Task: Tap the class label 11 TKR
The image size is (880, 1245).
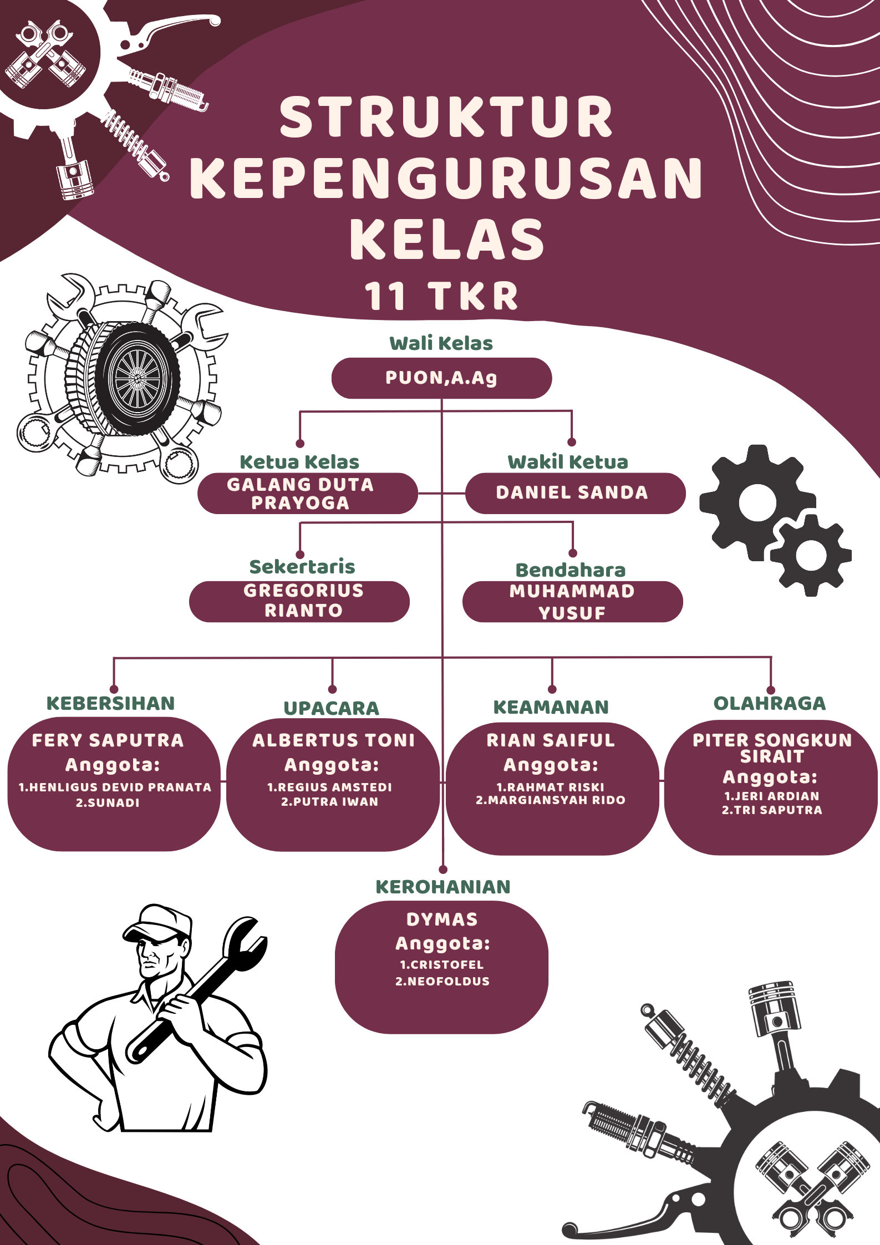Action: coord(441,296)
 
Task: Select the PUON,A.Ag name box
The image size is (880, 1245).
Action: coord(441,378)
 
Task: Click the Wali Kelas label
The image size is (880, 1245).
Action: coord(441,343)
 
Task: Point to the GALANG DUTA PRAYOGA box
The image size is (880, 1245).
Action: coord(308,493)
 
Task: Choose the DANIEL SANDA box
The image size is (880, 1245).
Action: coord(575,493)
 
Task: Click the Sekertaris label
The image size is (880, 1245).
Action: coord(302,567)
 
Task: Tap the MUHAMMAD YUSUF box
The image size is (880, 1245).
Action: coord(572,602)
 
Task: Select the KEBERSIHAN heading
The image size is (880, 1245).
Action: coord(111,703)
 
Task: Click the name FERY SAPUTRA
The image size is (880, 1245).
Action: coord(108,740)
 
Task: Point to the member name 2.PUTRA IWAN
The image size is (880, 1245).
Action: coord(329,801)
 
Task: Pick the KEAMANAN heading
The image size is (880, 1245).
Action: coord(551,707)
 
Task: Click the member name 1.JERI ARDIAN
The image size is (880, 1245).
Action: coord(772,796)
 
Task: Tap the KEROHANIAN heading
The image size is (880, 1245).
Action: coord(443,887)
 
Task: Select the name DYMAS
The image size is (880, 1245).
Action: coord(442,919)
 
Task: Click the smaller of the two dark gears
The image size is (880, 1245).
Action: coord(811,555)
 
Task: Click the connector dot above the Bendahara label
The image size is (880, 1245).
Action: coord(573,553)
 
